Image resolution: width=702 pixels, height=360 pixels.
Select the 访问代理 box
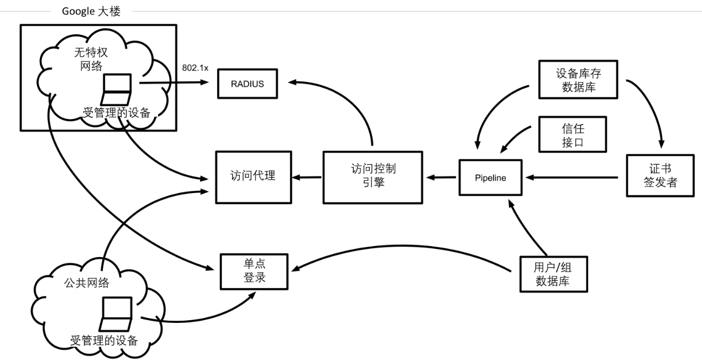253,177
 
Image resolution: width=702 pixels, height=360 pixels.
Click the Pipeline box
490,178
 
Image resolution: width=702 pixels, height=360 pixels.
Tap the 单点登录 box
254,271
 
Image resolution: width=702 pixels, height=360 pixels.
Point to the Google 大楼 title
92,13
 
